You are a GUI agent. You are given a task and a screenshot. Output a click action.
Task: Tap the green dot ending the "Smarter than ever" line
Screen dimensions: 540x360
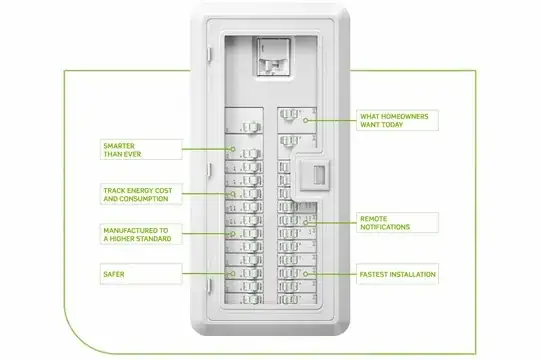click(x=232, y=151)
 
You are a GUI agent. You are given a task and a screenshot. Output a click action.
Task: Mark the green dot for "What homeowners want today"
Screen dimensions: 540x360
click(x=307, y=121)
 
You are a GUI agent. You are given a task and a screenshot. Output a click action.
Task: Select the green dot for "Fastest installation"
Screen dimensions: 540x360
click(x=307, y=273)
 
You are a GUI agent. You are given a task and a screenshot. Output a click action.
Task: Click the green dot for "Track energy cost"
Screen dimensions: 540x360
click(x=232, y=193)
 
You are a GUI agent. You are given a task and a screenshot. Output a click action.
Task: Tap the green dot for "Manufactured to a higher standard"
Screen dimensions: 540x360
click(x=232, y=235)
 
